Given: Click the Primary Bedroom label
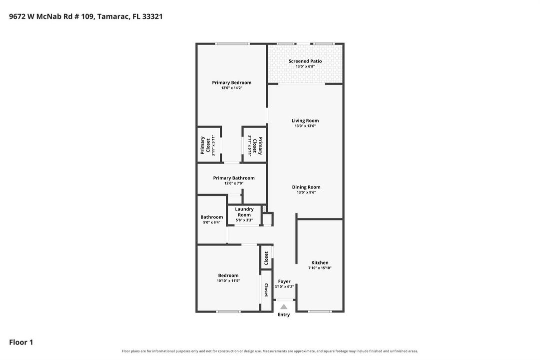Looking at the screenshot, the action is (x=231, y=82).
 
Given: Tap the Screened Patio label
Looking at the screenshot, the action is (x=305, y=61).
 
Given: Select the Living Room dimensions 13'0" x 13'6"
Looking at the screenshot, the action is (x=305, y=126).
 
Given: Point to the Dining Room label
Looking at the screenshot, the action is (x=306, y=187).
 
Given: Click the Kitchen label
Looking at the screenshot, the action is (x=320, y=263).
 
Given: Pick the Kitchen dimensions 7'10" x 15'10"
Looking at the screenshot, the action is (x=320, y=268).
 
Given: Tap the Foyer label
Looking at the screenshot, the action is (x=284, y=281).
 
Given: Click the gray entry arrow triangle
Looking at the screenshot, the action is (x=283, y=306).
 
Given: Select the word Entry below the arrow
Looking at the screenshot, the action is (x=284, y=314).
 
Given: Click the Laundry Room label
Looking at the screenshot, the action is (x=244, y=212).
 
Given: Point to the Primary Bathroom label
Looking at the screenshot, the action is (x=234, y=178).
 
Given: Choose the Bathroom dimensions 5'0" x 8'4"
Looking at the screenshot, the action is (x=212, y=222).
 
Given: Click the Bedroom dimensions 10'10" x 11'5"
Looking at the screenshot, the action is (x=228, y=280).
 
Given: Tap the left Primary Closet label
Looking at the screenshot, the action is (x=205, y=145).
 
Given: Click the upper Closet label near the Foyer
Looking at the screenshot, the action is (x=266, y=258).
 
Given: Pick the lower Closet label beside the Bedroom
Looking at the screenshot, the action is (x=266, y=290).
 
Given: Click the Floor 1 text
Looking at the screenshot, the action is (x=21, y=342).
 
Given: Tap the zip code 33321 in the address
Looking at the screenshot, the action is (x=152, y=16).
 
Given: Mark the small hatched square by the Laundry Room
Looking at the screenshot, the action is (x=264, y=208).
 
